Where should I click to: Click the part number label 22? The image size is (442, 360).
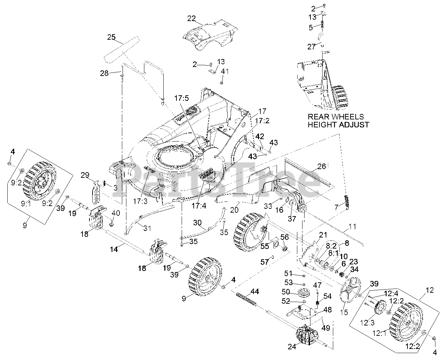pyautogui.click(x=191, y=18)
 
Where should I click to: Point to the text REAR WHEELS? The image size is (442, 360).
pyautogui.click(x=336, y=117)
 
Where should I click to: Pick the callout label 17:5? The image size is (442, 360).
pyautogui.click(x=182, y=98)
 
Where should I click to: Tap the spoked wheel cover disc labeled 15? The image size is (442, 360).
pyautogui.click(x=350, y=289)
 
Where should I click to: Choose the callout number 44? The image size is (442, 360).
pyautogui.click(x=254, y=292)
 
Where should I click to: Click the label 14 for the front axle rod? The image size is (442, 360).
pyautogui.click(x=114, y=249)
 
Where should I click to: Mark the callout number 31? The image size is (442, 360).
pyautogui.click(x=147, y=228)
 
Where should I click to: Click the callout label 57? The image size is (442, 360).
pyautogui.click(x=265, y=262)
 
